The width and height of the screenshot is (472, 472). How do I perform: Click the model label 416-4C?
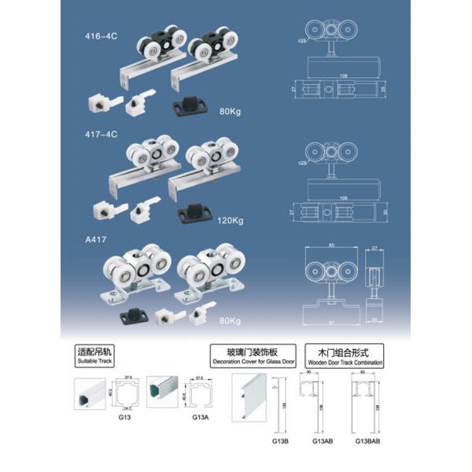100,36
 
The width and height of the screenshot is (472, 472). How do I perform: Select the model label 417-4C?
100,135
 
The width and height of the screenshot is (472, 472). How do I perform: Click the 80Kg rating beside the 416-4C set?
230,111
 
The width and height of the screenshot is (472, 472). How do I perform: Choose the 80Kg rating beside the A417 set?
230,320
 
